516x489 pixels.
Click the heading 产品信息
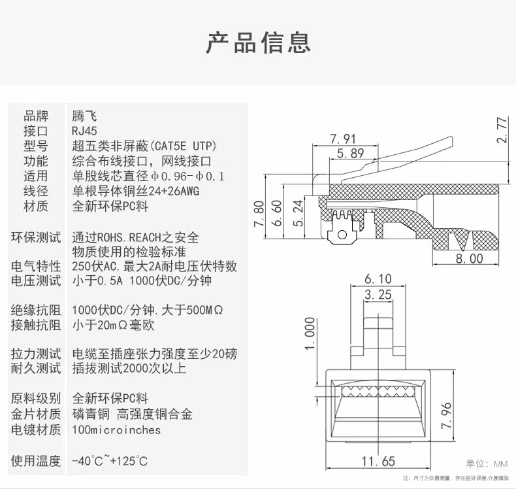[258, 42]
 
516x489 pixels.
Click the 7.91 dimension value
[344, 139]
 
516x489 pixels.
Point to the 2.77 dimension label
[502, 131]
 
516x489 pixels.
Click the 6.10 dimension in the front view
[378, 279]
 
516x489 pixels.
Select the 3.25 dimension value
[378, 295]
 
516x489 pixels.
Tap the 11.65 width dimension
[378, 462]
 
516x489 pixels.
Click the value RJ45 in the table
[85, 131]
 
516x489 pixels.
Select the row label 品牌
[36, 116]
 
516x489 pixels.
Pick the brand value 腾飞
[84, 116]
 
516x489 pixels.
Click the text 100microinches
[116, 430]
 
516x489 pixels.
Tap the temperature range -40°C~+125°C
[110, 461]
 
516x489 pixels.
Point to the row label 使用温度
[36, 461]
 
